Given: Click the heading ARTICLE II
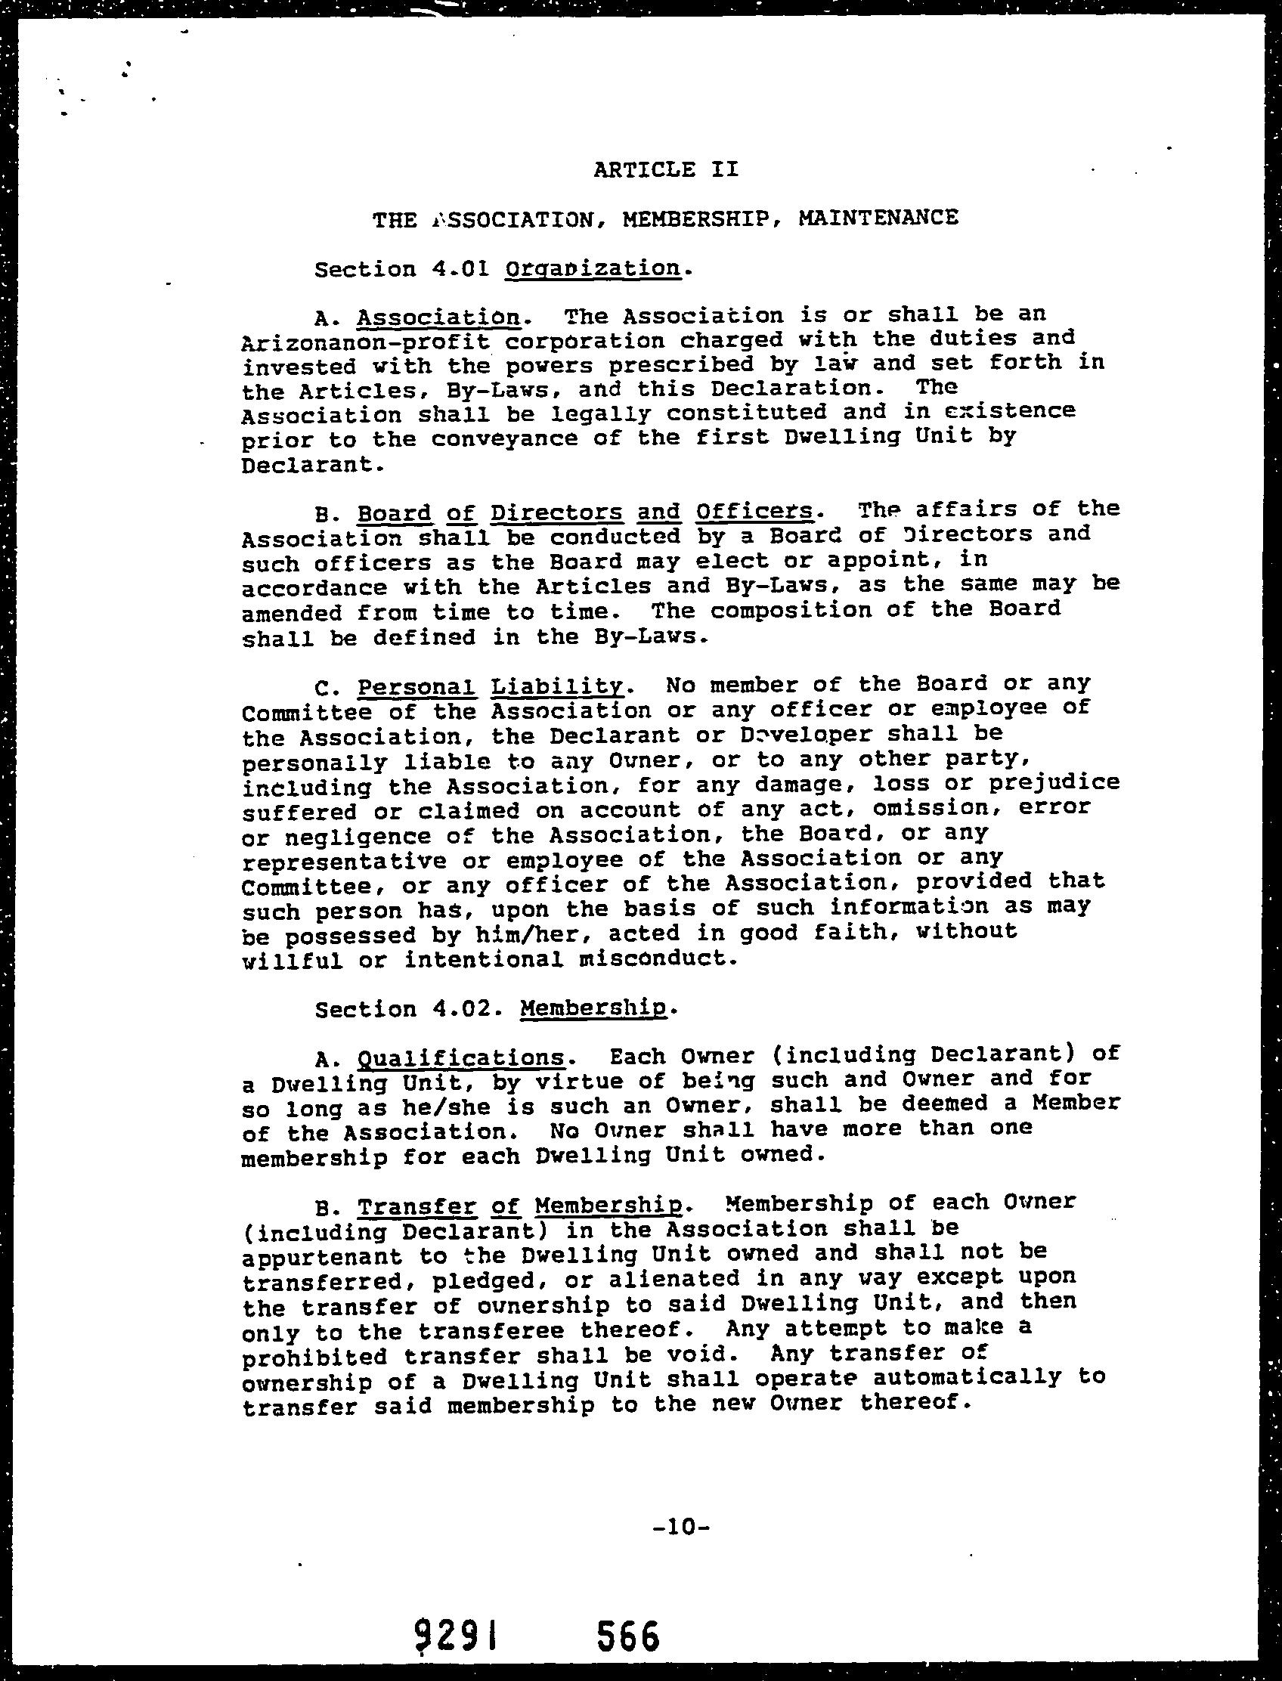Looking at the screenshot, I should [665, 169].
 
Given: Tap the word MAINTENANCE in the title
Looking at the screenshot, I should [878, 218].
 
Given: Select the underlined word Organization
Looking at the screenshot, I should [592, 268].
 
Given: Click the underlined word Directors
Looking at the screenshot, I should [556, 511].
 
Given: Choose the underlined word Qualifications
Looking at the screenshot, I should [461, 1057].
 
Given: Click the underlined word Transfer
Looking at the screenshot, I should [416, 1206].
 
